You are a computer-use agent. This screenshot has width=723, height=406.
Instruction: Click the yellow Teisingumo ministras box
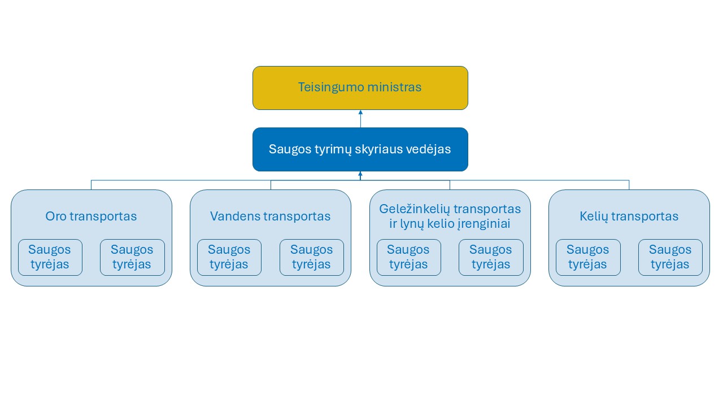coord(360,88)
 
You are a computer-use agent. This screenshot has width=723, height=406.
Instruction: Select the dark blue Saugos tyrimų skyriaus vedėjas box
coord(360,149)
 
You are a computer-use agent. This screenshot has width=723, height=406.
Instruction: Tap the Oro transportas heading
coord(91,216)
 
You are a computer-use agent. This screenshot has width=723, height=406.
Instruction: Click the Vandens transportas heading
coord(271,216)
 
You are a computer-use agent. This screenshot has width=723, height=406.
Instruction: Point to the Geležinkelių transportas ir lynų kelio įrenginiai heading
coord(450,216)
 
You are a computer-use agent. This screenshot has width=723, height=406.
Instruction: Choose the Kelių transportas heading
coord(629,216)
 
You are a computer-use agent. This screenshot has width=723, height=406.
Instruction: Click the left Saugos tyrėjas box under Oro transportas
coord(50,258)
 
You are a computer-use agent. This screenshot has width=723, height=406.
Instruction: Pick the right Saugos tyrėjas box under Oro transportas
coord(132,258)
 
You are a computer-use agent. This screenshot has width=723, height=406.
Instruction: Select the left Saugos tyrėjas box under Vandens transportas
coord(229,258)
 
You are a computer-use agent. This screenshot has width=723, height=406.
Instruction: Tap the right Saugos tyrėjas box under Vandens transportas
coord(312,258)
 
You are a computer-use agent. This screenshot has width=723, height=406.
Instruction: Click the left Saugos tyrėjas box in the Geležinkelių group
coord(408,258)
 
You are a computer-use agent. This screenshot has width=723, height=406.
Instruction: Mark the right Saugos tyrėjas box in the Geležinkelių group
coord(491,258)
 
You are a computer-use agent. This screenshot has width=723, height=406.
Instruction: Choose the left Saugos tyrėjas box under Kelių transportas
coord(588,258)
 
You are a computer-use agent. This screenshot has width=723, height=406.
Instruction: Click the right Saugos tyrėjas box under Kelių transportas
coord(670,258)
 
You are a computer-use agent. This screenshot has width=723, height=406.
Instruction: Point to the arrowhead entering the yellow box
coord(360,112)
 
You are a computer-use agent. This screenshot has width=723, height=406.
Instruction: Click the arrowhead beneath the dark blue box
coord(360,174)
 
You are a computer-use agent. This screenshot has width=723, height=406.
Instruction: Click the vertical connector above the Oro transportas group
coord(92,185)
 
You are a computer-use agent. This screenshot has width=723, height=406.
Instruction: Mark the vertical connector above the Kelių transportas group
coord(629,185)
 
